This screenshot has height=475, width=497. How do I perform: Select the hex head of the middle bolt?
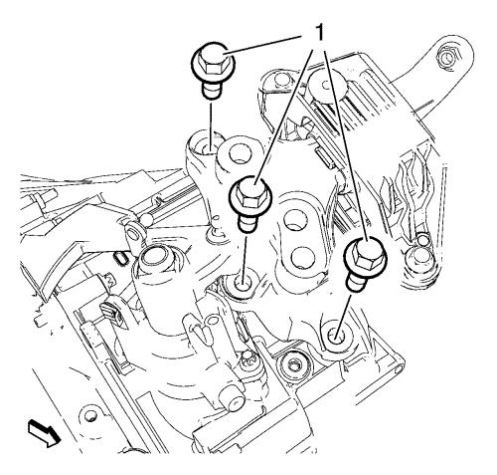pyautogui.click(x=250, y=196)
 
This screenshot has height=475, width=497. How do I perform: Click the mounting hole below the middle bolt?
pyautogui.click(x=241, y=284)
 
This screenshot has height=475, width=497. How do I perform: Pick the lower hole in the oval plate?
pyautogui.click(x=302, y=257)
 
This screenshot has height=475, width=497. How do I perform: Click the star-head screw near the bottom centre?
pyautogui.click(x=248, y=360)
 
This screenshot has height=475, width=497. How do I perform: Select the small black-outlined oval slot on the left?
pyautogui.click(x=121, y=258)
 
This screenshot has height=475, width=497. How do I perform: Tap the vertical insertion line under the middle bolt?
pyautogui.click(x=245, y=255)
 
